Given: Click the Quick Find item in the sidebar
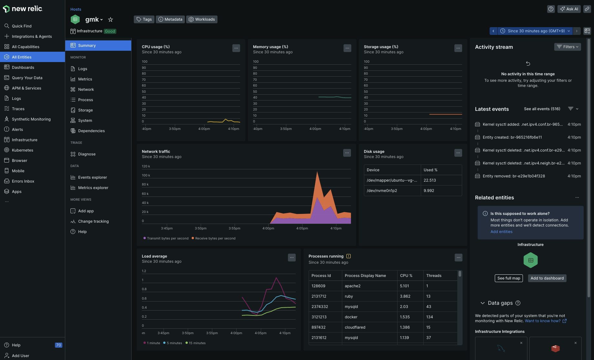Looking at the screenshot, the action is click(22, 26).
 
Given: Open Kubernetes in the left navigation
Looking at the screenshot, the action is click(22, 150).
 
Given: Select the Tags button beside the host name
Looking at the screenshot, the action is click(144, 19).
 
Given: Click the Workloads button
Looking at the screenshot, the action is click(202, 19).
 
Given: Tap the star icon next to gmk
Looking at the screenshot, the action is click(111, 20).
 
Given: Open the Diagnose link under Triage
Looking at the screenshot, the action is click(87, 154).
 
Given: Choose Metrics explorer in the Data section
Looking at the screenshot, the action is click(93, 188).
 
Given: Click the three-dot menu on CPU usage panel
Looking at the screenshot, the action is click(236, 48).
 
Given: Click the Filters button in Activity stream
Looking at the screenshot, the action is click(567, 47).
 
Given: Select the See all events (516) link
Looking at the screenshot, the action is click(542, 109).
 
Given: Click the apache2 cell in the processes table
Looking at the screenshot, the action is click(353, 286).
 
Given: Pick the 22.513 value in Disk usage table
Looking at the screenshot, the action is click(430, 180).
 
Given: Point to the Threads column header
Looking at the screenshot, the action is click(434, 276).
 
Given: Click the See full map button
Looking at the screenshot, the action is click(509, 278).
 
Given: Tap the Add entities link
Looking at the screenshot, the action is click(502, 232).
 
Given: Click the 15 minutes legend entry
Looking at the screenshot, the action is click(196, 343).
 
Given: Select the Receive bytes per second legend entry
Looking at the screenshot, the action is click(214, 238).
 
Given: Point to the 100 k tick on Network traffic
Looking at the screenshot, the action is click(146, 175).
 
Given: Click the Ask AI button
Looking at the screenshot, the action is click(569, 9).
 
